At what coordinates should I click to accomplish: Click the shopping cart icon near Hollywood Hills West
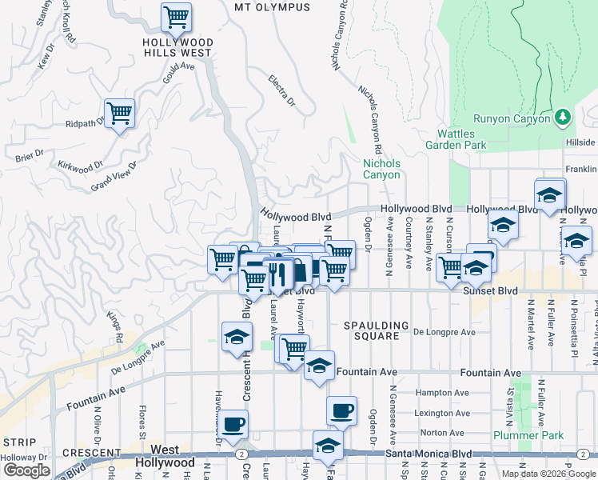pos(175,16)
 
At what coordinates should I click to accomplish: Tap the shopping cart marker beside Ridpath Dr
pos(119,113)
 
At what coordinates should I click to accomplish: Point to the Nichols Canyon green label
pos(381,169)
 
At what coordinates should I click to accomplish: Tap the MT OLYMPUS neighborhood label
pos(271,7)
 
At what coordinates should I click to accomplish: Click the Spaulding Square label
pos(372,330)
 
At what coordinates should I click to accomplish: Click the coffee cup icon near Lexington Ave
pos(341,411)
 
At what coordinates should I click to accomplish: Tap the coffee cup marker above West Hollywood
pos(233,424)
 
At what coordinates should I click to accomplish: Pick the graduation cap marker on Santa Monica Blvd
pos(327,446)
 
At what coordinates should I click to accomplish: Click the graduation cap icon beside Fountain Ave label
pos(319,365)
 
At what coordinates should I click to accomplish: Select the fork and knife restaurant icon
pos(277,274)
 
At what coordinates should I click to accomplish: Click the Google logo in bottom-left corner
pos(26,470)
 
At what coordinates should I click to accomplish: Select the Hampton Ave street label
pos(441,393)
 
